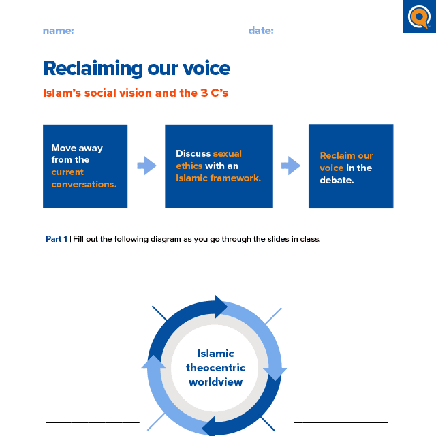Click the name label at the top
tap(57, 31)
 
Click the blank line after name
tap(144, 33)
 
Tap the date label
tap(261, 31)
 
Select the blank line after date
tap(326, 33)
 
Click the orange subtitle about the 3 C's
tap(135, 93)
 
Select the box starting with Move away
tap(85, 166)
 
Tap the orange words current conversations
tap(83, 178)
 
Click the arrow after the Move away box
tap(146, 166)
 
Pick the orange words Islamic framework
tap(218, 178)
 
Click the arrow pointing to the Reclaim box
tap(291, 166)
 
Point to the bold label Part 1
tap(57, 239)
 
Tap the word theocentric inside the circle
tap(215, 368)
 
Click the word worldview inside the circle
tap(215, 381)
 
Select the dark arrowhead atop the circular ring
tap(221, 306)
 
